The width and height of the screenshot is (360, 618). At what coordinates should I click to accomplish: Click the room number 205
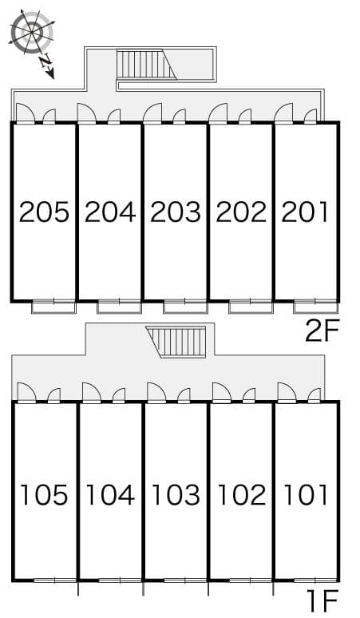tap(44, 212)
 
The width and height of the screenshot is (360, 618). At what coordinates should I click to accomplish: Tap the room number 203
tap(176, 212)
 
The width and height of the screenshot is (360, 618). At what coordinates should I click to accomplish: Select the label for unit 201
tap(304, 212)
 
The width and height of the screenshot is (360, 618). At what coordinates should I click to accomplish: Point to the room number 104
tap(110, 494)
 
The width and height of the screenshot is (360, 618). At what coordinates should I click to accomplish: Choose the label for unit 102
tap(241, 494)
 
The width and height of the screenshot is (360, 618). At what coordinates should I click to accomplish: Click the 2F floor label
tap(322, 332)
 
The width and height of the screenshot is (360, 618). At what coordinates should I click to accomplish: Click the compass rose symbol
tap(32, 31)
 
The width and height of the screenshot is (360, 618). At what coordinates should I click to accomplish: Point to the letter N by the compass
tap(46, 61)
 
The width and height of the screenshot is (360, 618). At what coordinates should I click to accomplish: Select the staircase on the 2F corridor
tap(146, 63)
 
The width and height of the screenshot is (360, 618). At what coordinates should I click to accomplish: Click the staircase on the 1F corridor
tap(176, 342)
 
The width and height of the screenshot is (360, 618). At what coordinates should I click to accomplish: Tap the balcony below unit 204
tap(119, 307)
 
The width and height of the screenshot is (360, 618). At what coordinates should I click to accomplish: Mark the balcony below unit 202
tap(251, 307)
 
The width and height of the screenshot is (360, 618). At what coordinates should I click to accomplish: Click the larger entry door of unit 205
tap(26, 113)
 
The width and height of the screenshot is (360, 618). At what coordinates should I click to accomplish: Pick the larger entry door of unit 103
tap(156, 392)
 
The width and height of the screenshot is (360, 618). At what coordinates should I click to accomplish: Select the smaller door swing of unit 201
tap(311, 117)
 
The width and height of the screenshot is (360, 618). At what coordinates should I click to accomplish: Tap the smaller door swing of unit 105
tap(54, 396)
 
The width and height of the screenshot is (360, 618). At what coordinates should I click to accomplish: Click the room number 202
tap(241, 212)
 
